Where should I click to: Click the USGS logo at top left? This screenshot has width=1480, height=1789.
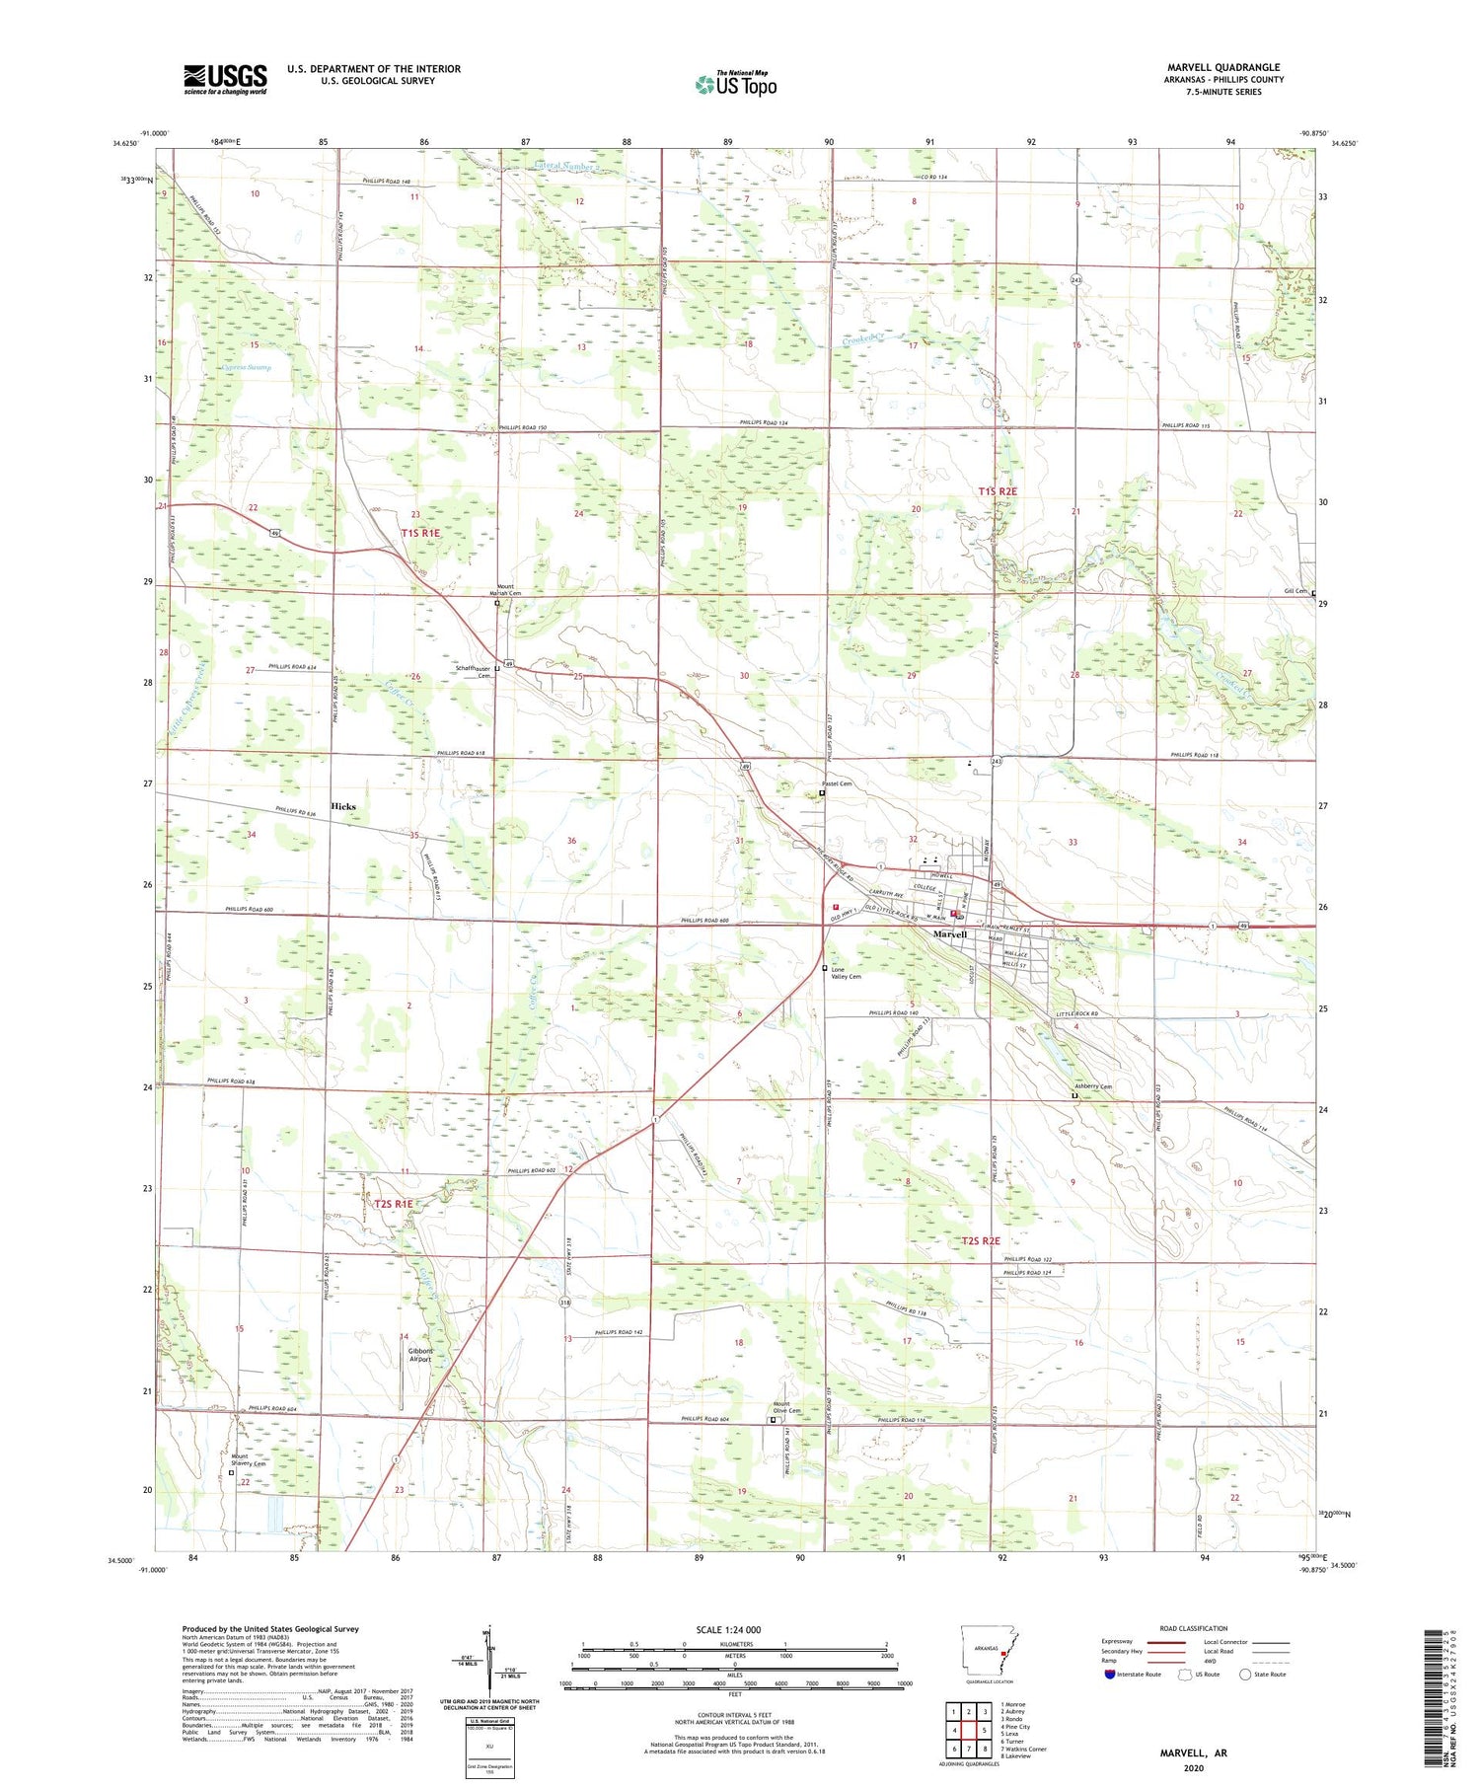click(x=225, y=79)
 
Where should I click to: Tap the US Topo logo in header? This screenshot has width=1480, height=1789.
click(x=735, y=85)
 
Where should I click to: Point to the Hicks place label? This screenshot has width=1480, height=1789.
click(x=343, y=806)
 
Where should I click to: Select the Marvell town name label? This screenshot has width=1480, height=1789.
click(x=950, y=933)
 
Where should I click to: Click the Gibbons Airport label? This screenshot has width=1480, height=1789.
click(x=421, y=1355)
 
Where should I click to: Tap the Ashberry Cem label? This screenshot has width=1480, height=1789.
click(x=1093, y=1086)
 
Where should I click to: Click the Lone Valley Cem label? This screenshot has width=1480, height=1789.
click(x=846, y=973)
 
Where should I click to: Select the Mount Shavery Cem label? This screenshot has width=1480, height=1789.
click(x=249, y=1460)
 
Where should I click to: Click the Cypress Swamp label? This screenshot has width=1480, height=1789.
click(x=246, y=367)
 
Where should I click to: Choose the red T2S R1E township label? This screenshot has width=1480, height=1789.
click(x=393, y=1203)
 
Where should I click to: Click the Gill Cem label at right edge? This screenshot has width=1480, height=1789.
click(x=1295, y=591)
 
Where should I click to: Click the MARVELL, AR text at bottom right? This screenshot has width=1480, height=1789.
click(x=1193, y=1752)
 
